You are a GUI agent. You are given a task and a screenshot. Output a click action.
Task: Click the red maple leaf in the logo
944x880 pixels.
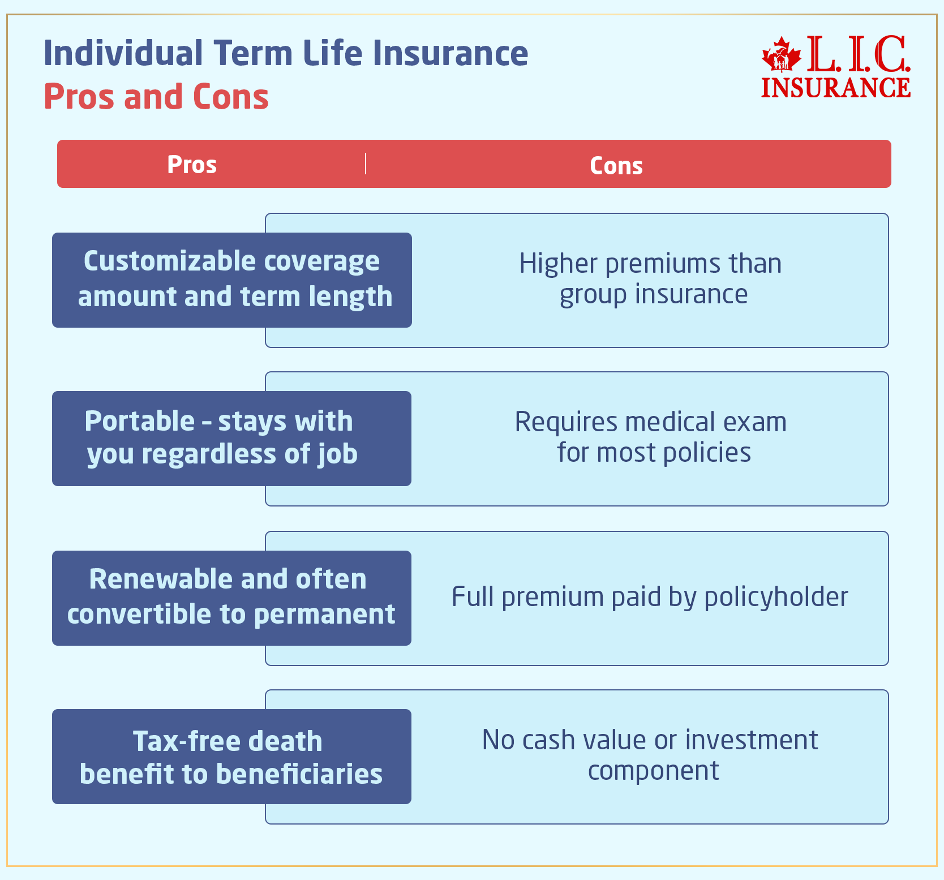(x=782, y=55)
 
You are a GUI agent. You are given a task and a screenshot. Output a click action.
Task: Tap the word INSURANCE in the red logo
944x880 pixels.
(x=836, y=88)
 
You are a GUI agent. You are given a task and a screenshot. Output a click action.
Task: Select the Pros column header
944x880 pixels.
(x=192, y=165)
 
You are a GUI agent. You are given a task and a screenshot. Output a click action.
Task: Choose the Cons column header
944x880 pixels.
(x=616, y=166)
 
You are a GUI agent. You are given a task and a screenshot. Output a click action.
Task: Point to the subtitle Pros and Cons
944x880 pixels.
(x=156, y=97)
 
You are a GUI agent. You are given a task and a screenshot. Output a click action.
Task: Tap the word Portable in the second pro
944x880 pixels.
(x=140, y=421)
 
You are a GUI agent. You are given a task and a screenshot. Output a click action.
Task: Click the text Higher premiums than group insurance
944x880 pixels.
(x=651, y=279)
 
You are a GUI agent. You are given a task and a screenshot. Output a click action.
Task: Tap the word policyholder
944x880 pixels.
(x=776, y=597)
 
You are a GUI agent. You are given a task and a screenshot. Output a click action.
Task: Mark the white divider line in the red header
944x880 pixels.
(x=366, y=164)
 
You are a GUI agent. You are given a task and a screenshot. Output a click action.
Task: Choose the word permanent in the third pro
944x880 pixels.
(x=325, y=615)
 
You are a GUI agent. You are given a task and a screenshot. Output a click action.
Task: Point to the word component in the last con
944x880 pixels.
(x=653, y=771)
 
